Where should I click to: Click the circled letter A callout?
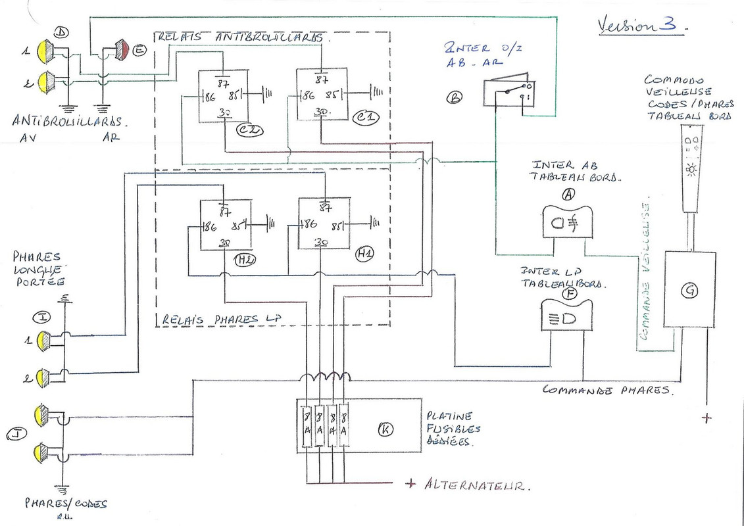coord(568,195)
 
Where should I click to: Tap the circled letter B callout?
coord(454,97)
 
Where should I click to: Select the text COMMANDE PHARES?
coord(605,389)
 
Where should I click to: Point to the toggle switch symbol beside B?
coord(510,94)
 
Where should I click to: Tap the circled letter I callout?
coord(42,318)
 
